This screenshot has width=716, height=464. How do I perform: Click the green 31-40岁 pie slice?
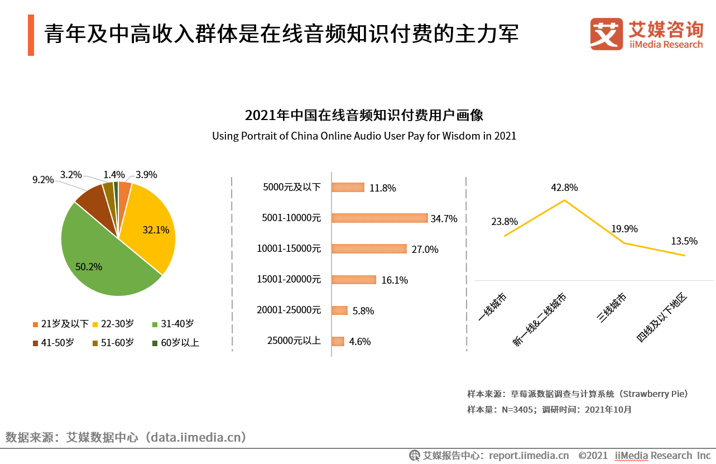[100, 257]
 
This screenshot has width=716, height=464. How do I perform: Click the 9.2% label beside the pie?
[43, 180]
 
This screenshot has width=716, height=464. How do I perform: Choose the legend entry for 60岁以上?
[176, 343]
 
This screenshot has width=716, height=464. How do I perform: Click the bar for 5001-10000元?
[379, 218]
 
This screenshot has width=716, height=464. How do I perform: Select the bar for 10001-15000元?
[369, 249]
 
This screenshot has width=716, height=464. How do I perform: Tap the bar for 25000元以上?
[338, 341]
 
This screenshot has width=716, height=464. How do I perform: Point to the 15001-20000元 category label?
[289, 280]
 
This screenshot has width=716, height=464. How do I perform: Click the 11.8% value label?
[383, 188]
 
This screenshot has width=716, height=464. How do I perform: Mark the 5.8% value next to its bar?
[363, 311]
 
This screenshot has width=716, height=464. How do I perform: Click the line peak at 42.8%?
[565, 200]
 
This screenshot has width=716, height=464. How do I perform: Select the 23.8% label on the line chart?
[504, 222]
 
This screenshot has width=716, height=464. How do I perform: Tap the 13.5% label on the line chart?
[684, 241]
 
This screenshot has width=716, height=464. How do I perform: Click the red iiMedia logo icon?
[607, 35]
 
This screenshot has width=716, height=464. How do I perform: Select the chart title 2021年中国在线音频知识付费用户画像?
[364, 116]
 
